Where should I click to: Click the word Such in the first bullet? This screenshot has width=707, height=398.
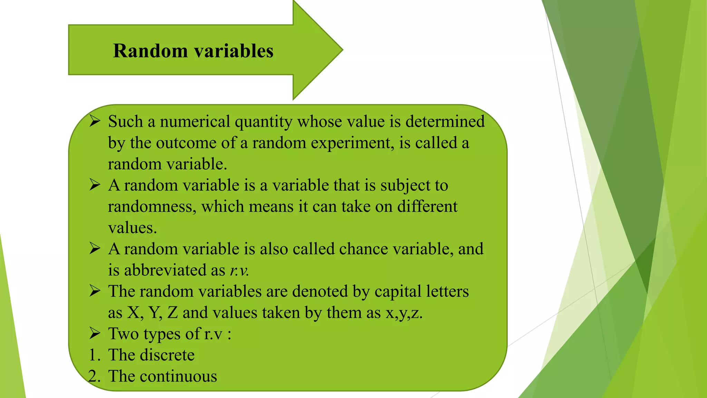coord(125,122)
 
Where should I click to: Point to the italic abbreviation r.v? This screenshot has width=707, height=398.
coord(239,271)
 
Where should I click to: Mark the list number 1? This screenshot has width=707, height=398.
coord(94,355)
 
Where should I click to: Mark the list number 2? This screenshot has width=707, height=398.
coord(94,377)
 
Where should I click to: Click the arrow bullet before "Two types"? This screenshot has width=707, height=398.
coord(95,333)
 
